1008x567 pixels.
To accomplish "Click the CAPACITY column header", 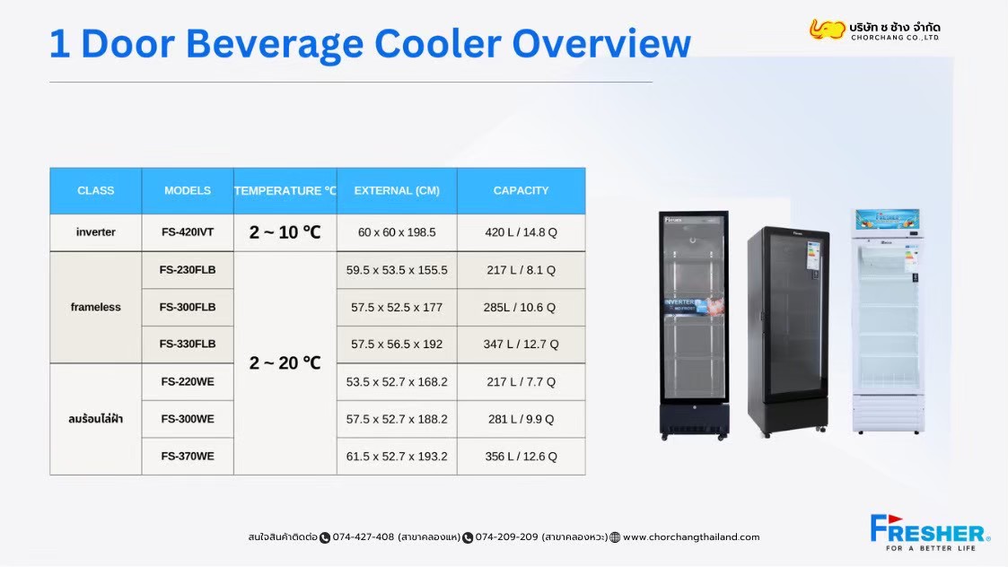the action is click(x=521, y=190).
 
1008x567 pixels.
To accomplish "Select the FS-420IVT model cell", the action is click(x=188, y=232).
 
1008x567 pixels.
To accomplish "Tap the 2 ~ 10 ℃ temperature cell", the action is click(x=285, y=232).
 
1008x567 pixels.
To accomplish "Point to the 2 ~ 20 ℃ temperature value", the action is click(x=285, y=363).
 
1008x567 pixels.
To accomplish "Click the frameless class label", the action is click(x=96, y=308).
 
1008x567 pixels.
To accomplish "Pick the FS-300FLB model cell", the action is click(x=188, y=308).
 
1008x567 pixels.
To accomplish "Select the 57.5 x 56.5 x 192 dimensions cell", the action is click(x=397, y=345).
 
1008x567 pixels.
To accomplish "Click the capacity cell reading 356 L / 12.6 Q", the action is click(x=521, y=457).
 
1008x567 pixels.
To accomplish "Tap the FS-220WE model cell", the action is click(x=188, y=382).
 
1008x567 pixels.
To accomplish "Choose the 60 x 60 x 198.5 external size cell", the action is click(x=397, y=232).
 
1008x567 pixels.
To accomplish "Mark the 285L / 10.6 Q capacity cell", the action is click(x=521, y=308).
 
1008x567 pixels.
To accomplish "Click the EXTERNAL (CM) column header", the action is click(x=397, y=190).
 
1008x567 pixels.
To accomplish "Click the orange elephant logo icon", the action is click(x=827, y=29).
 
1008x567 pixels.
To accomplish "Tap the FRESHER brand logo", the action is click(x=930, y=532).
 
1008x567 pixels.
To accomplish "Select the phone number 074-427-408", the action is click(x=364, y=536).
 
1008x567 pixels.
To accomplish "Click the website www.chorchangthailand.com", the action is click(x=691, y=536).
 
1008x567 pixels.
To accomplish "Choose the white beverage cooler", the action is click(x=888, y=321).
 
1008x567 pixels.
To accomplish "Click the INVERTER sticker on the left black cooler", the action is click(x=693, y=306).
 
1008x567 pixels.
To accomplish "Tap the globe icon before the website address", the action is click(x=615, y=537).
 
